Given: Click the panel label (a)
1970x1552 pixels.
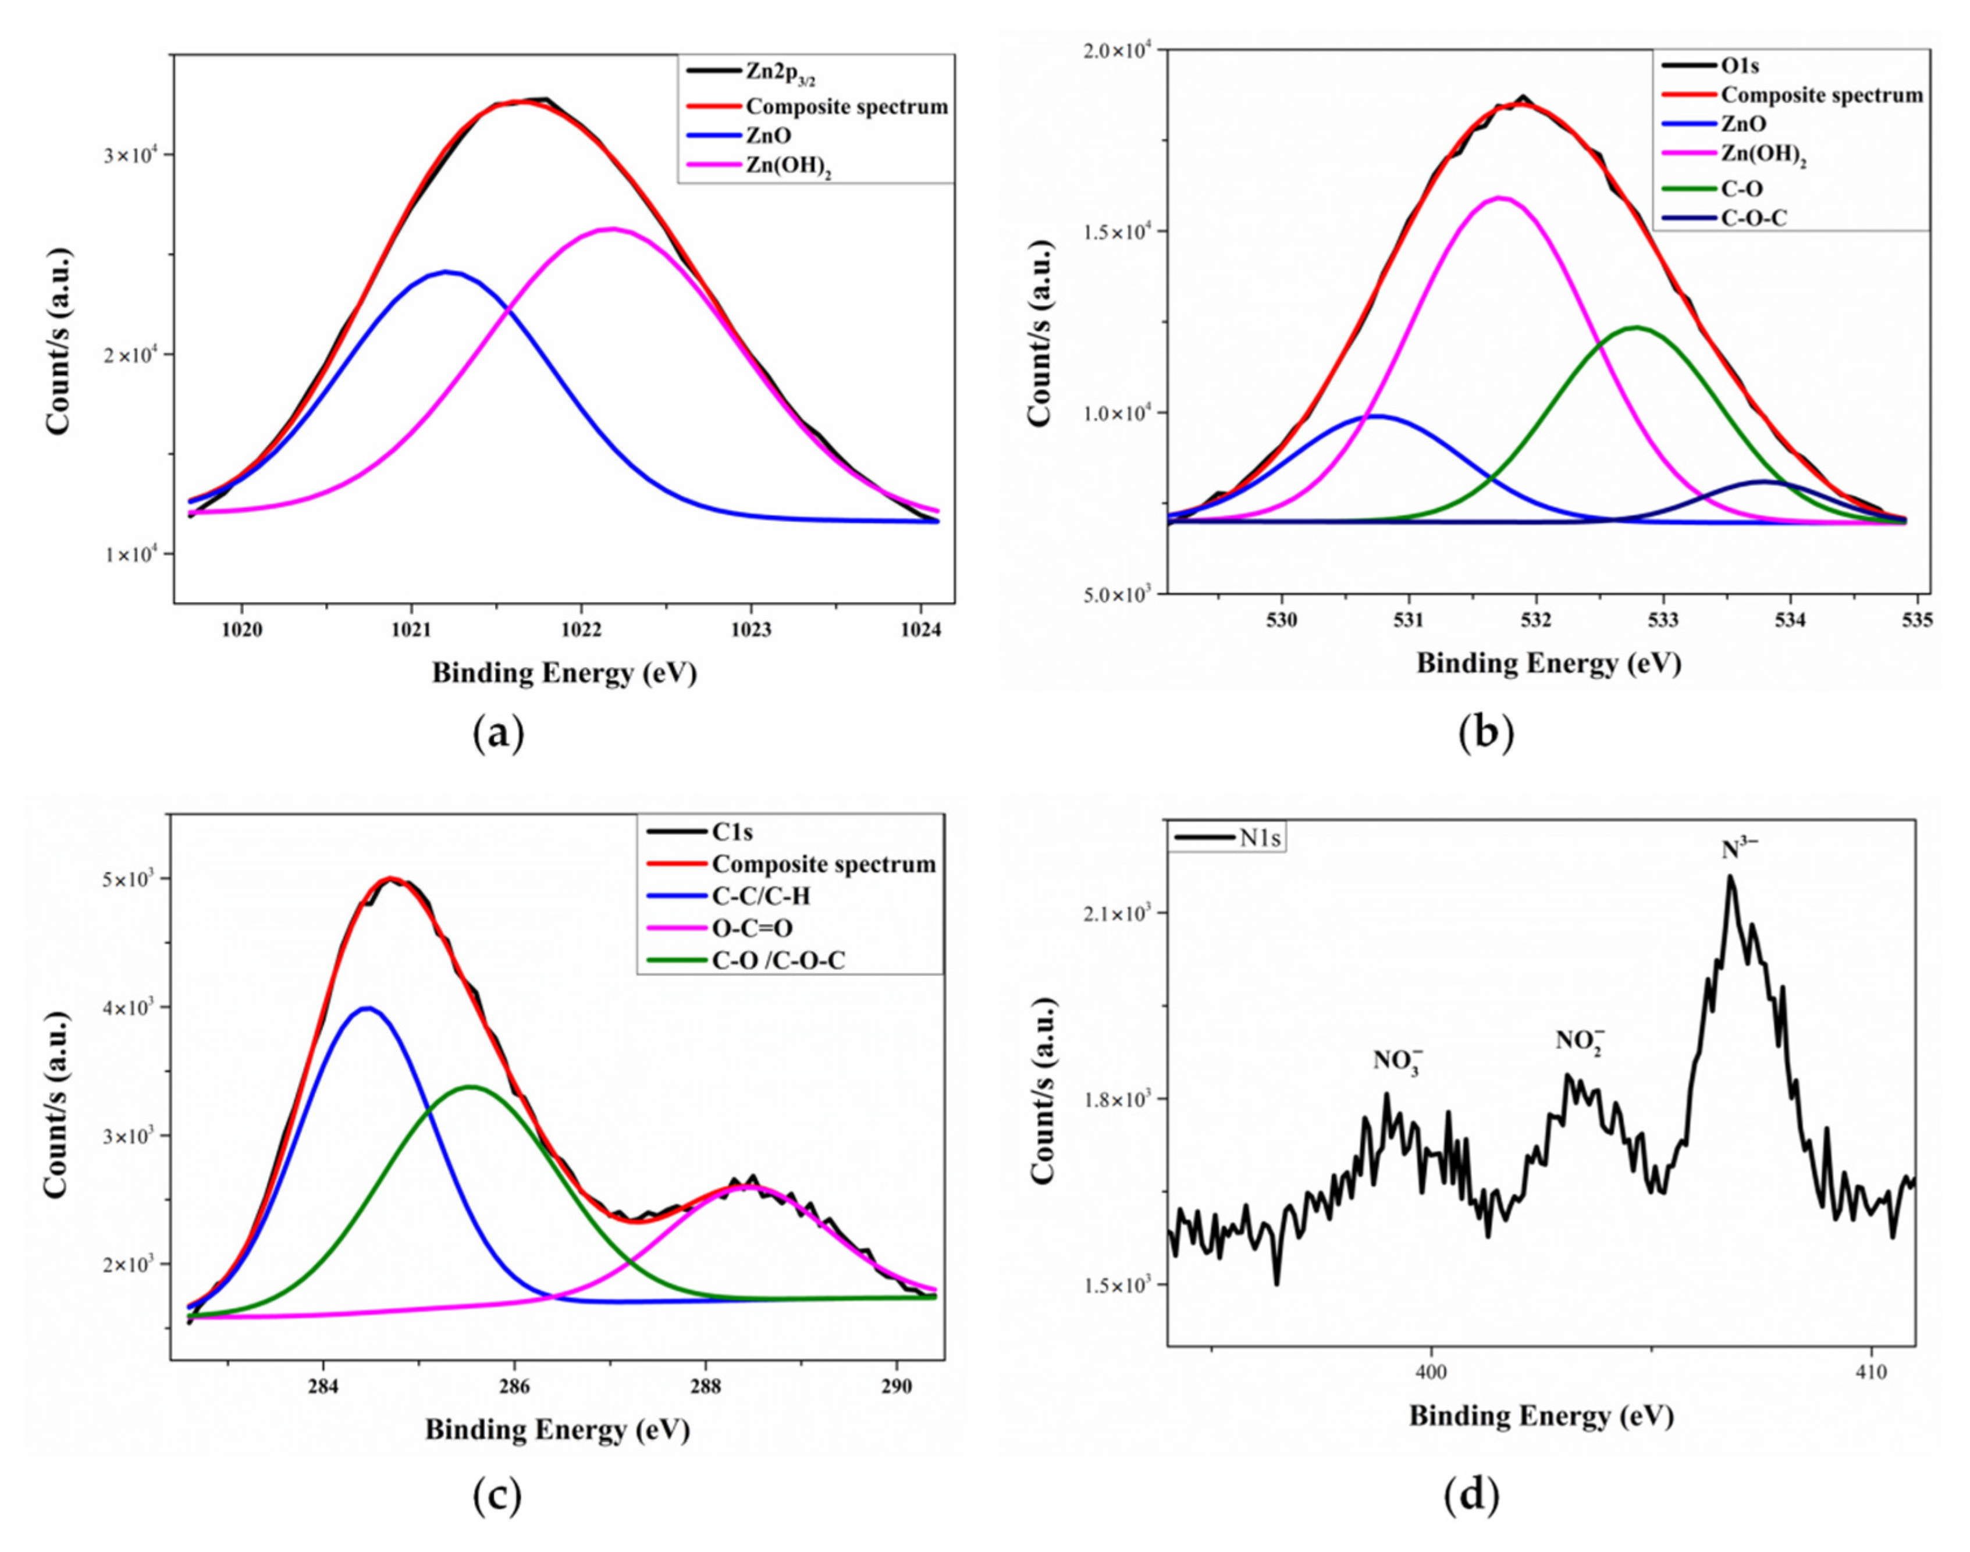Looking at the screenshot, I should [x=499, y=734].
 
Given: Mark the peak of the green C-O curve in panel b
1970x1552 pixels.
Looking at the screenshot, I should [x=1637, y=327].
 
